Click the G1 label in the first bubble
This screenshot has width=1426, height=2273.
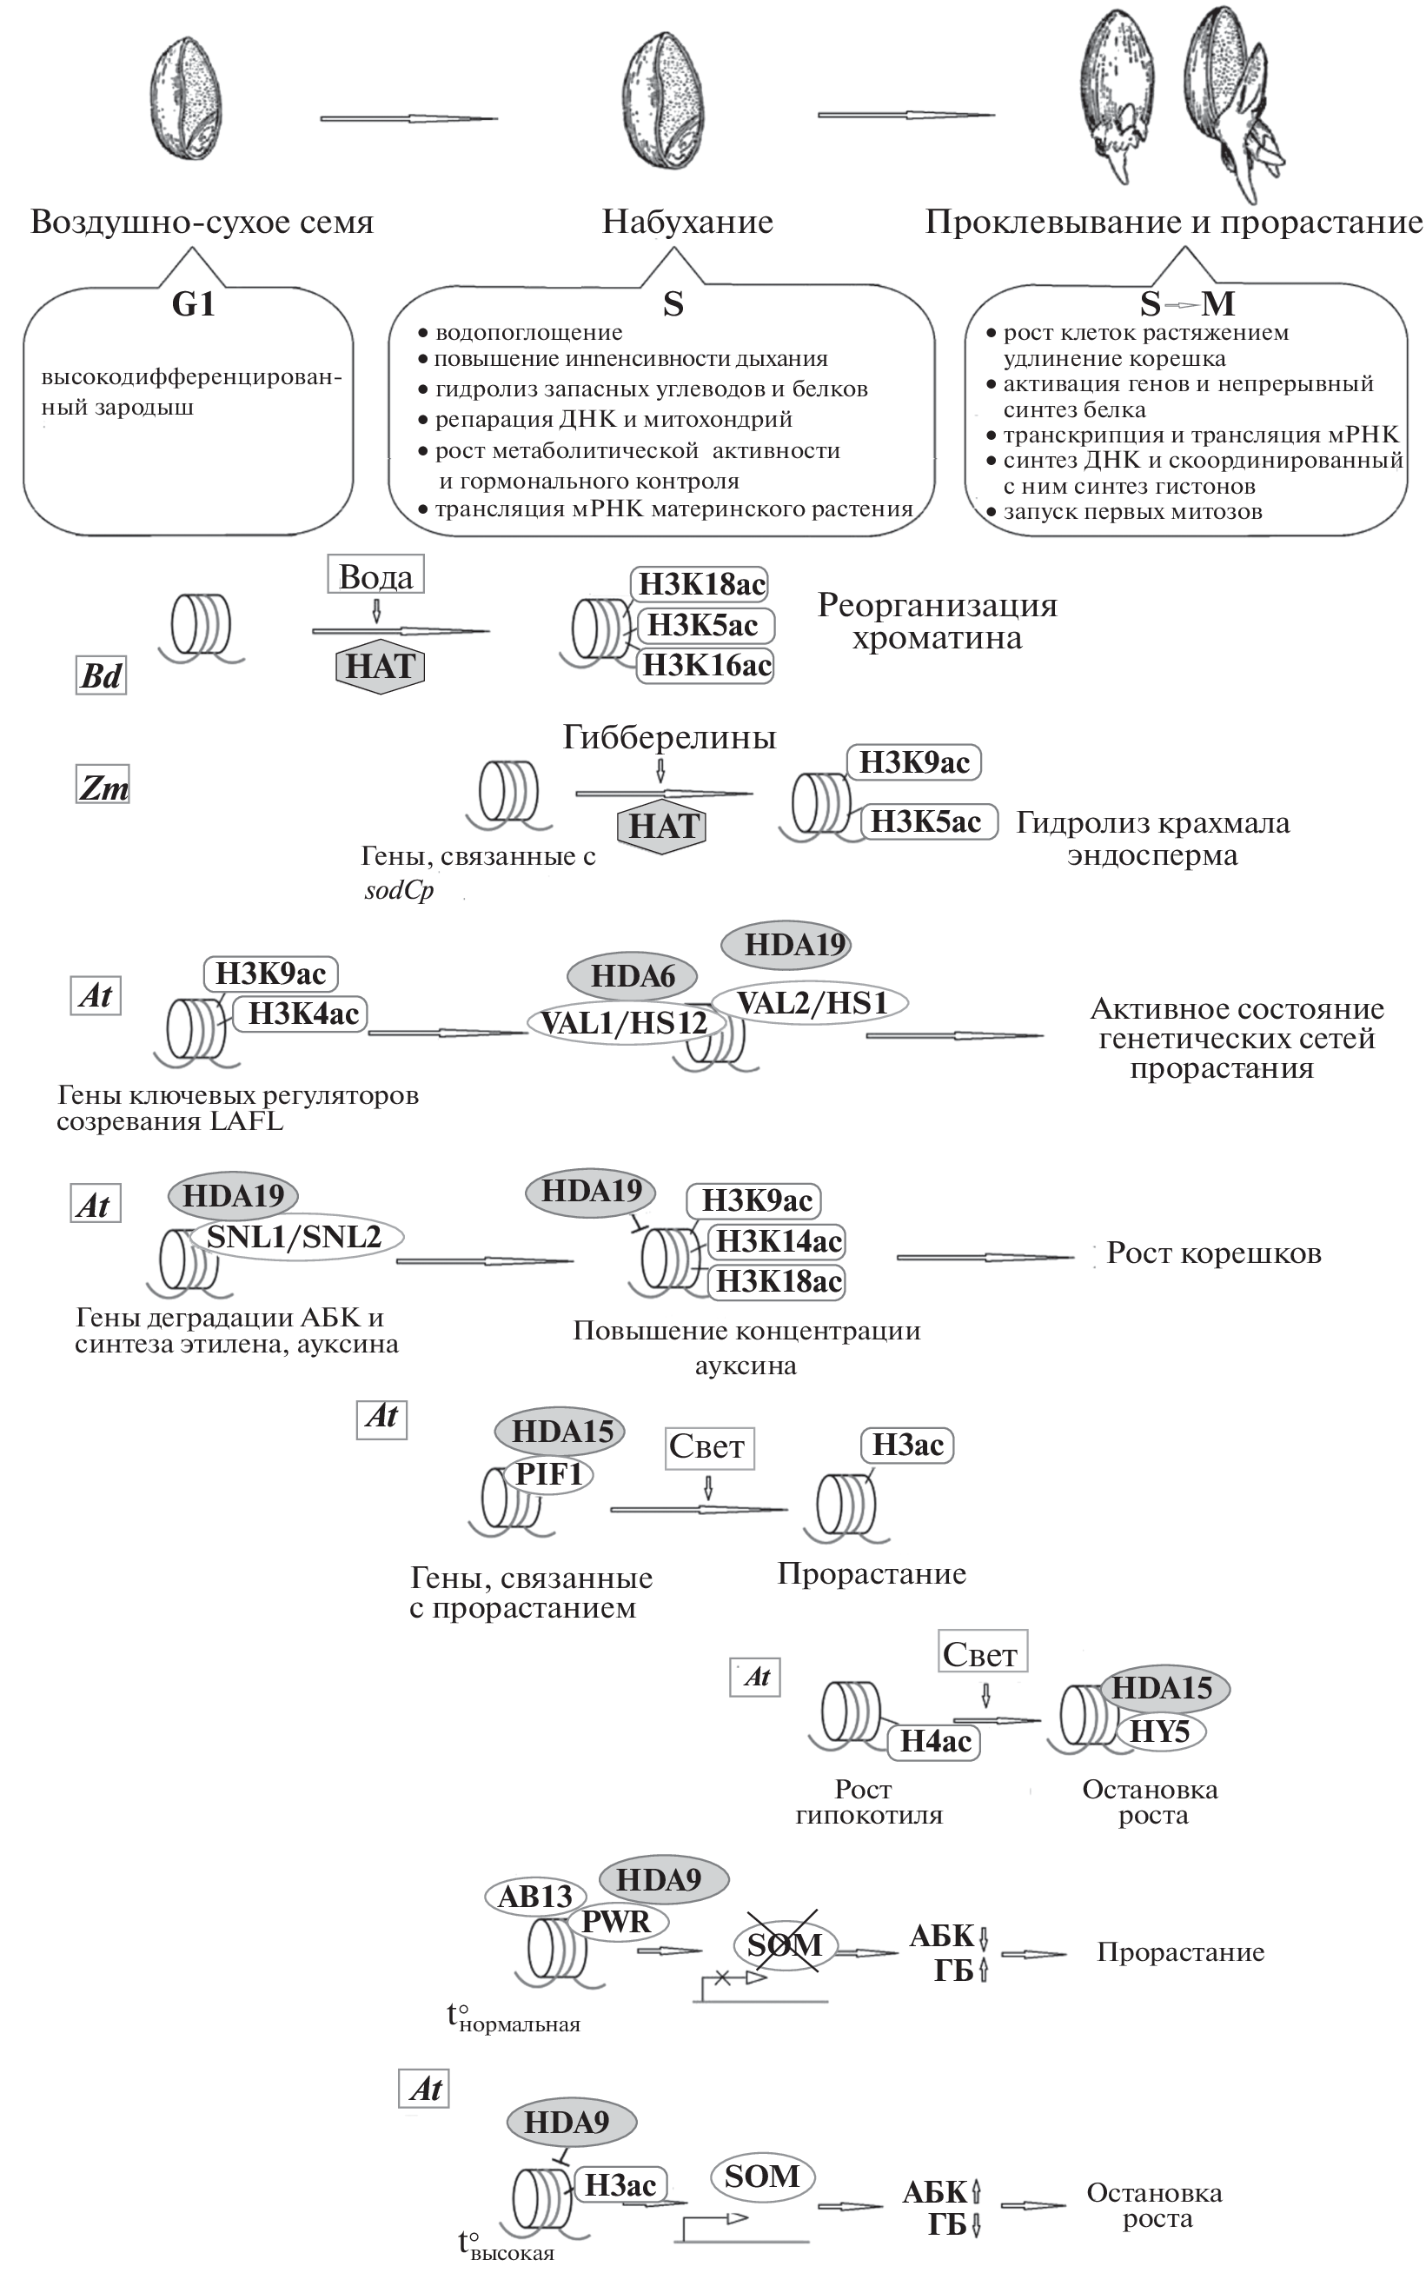193,303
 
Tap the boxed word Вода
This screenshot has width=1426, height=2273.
375,575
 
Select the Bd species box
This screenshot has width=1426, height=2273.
101,675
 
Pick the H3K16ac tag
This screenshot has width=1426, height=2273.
706,666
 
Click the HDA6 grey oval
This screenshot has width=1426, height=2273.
632,976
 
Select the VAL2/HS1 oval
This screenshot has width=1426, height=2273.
811,1002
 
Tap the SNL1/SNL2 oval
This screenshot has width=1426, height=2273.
295,1237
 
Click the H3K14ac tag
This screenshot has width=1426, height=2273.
778,1241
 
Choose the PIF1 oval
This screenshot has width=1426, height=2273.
549,1474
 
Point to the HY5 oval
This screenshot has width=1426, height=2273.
1159,1731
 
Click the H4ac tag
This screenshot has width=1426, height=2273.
935,1741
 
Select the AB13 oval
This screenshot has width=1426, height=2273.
534,1896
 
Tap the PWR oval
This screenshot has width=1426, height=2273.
616,1921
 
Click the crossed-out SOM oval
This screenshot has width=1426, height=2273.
784,1944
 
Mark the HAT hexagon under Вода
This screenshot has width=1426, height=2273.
380,667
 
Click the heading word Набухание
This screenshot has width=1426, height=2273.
687,222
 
